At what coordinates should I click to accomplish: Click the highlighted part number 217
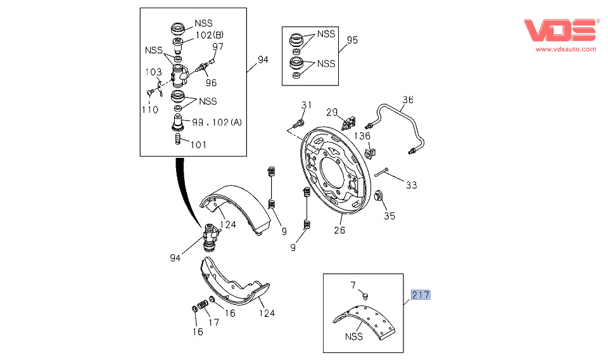[421, 295]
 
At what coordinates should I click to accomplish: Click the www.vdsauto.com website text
[566, 49]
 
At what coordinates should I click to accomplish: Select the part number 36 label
[408, 100]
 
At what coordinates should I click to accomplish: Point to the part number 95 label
[352, 40]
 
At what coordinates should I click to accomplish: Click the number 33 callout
[412, 185]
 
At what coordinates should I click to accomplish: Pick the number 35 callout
[389, 215]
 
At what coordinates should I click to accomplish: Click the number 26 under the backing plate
[339, 229]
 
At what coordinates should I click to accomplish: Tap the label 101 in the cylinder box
[198, 145]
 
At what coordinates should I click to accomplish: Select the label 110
[150, 110]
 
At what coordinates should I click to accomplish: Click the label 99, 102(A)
[216, 122]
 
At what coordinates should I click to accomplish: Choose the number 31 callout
[307, 105]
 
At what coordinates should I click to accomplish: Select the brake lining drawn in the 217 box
[363, 318]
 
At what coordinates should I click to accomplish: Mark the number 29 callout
[332, 112]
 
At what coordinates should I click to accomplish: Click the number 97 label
[218, 46]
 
